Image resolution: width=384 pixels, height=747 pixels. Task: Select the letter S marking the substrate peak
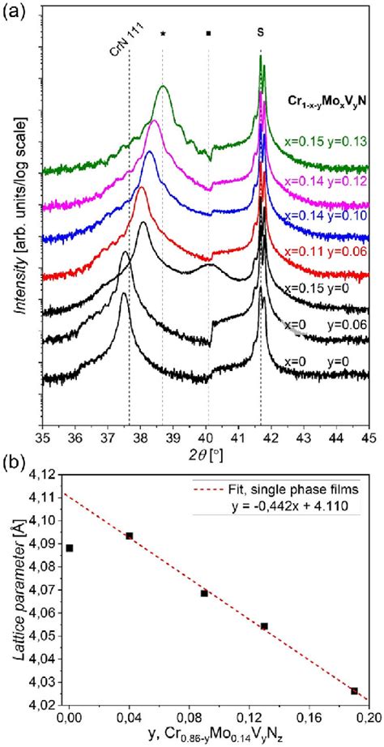[x=260, y=33]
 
